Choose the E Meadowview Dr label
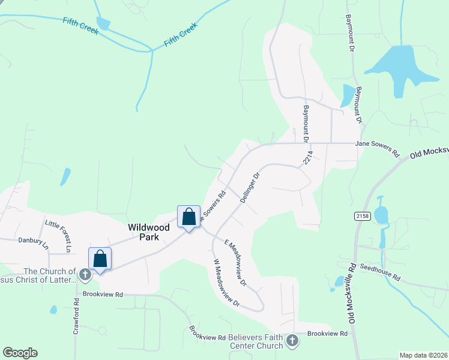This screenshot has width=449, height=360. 237,262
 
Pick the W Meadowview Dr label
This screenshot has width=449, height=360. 226,282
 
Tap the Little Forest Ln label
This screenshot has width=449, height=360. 59,236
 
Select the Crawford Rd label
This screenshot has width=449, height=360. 76,321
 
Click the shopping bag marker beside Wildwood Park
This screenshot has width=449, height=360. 188,217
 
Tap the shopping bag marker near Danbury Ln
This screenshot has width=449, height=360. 100,259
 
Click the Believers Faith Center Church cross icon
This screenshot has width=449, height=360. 292,340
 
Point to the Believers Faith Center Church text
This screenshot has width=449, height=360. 256,341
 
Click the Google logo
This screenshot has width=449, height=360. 20,353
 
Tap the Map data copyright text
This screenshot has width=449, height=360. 423,355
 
